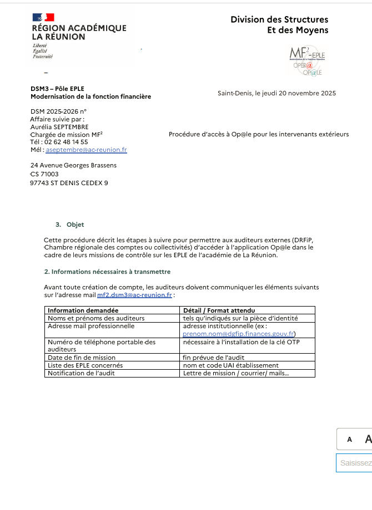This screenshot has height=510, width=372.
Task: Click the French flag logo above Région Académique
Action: (x=43, y=17)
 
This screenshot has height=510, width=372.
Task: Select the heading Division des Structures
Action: (x=279, y=20)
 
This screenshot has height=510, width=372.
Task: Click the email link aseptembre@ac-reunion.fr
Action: (x=86, y=150)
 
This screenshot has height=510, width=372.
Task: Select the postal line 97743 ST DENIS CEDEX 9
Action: (x=69, y=182)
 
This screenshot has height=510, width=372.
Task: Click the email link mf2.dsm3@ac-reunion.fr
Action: (x=134, y=295)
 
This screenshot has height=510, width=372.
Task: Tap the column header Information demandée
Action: (x=83, y=310)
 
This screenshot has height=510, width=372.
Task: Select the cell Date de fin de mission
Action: (x=82, y=358)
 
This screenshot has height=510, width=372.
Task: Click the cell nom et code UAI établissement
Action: (x=230, y=365)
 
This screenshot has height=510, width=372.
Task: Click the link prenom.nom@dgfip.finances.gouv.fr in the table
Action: (x=239, y=334)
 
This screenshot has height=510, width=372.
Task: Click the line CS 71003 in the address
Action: (x=44, y=174)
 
